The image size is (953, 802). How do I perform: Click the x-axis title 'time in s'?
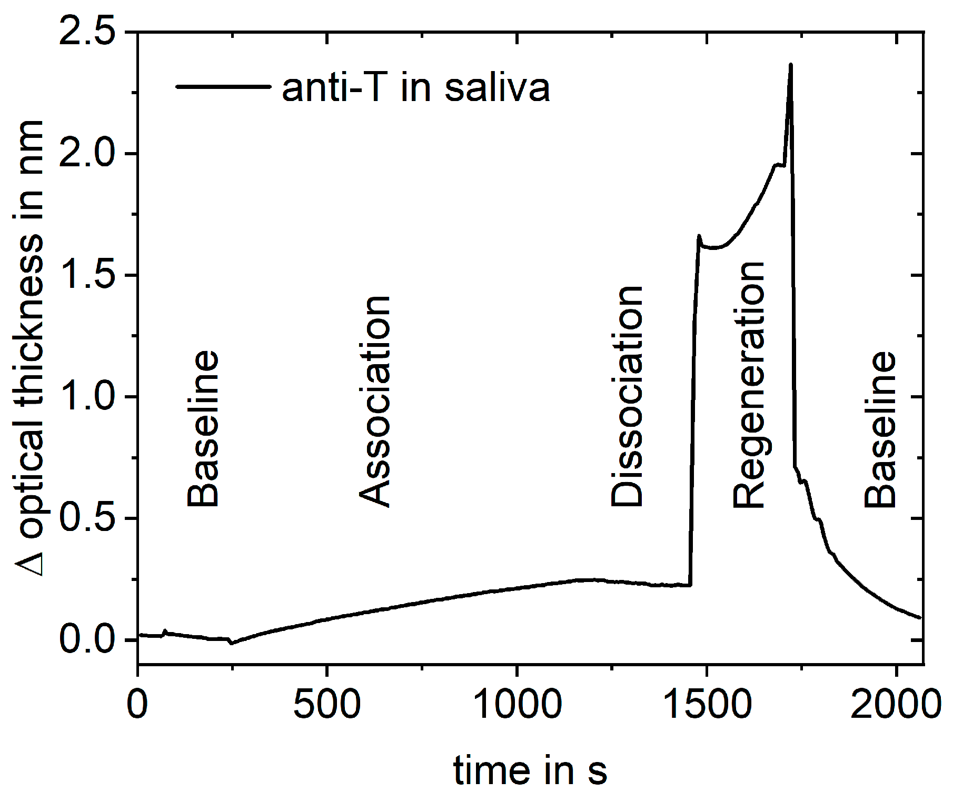[x=530, y=771]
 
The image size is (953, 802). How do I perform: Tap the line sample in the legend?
[x=223, y=86]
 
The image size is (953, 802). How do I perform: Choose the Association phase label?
[x=375, y=402]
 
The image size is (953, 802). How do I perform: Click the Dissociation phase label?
[x=627, y=397]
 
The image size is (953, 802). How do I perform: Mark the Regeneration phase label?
[x=749, y=385]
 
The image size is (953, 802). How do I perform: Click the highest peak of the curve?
[x=790, y=65]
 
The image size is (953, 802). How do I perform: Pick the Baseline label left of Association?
[x=203, y=429]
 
